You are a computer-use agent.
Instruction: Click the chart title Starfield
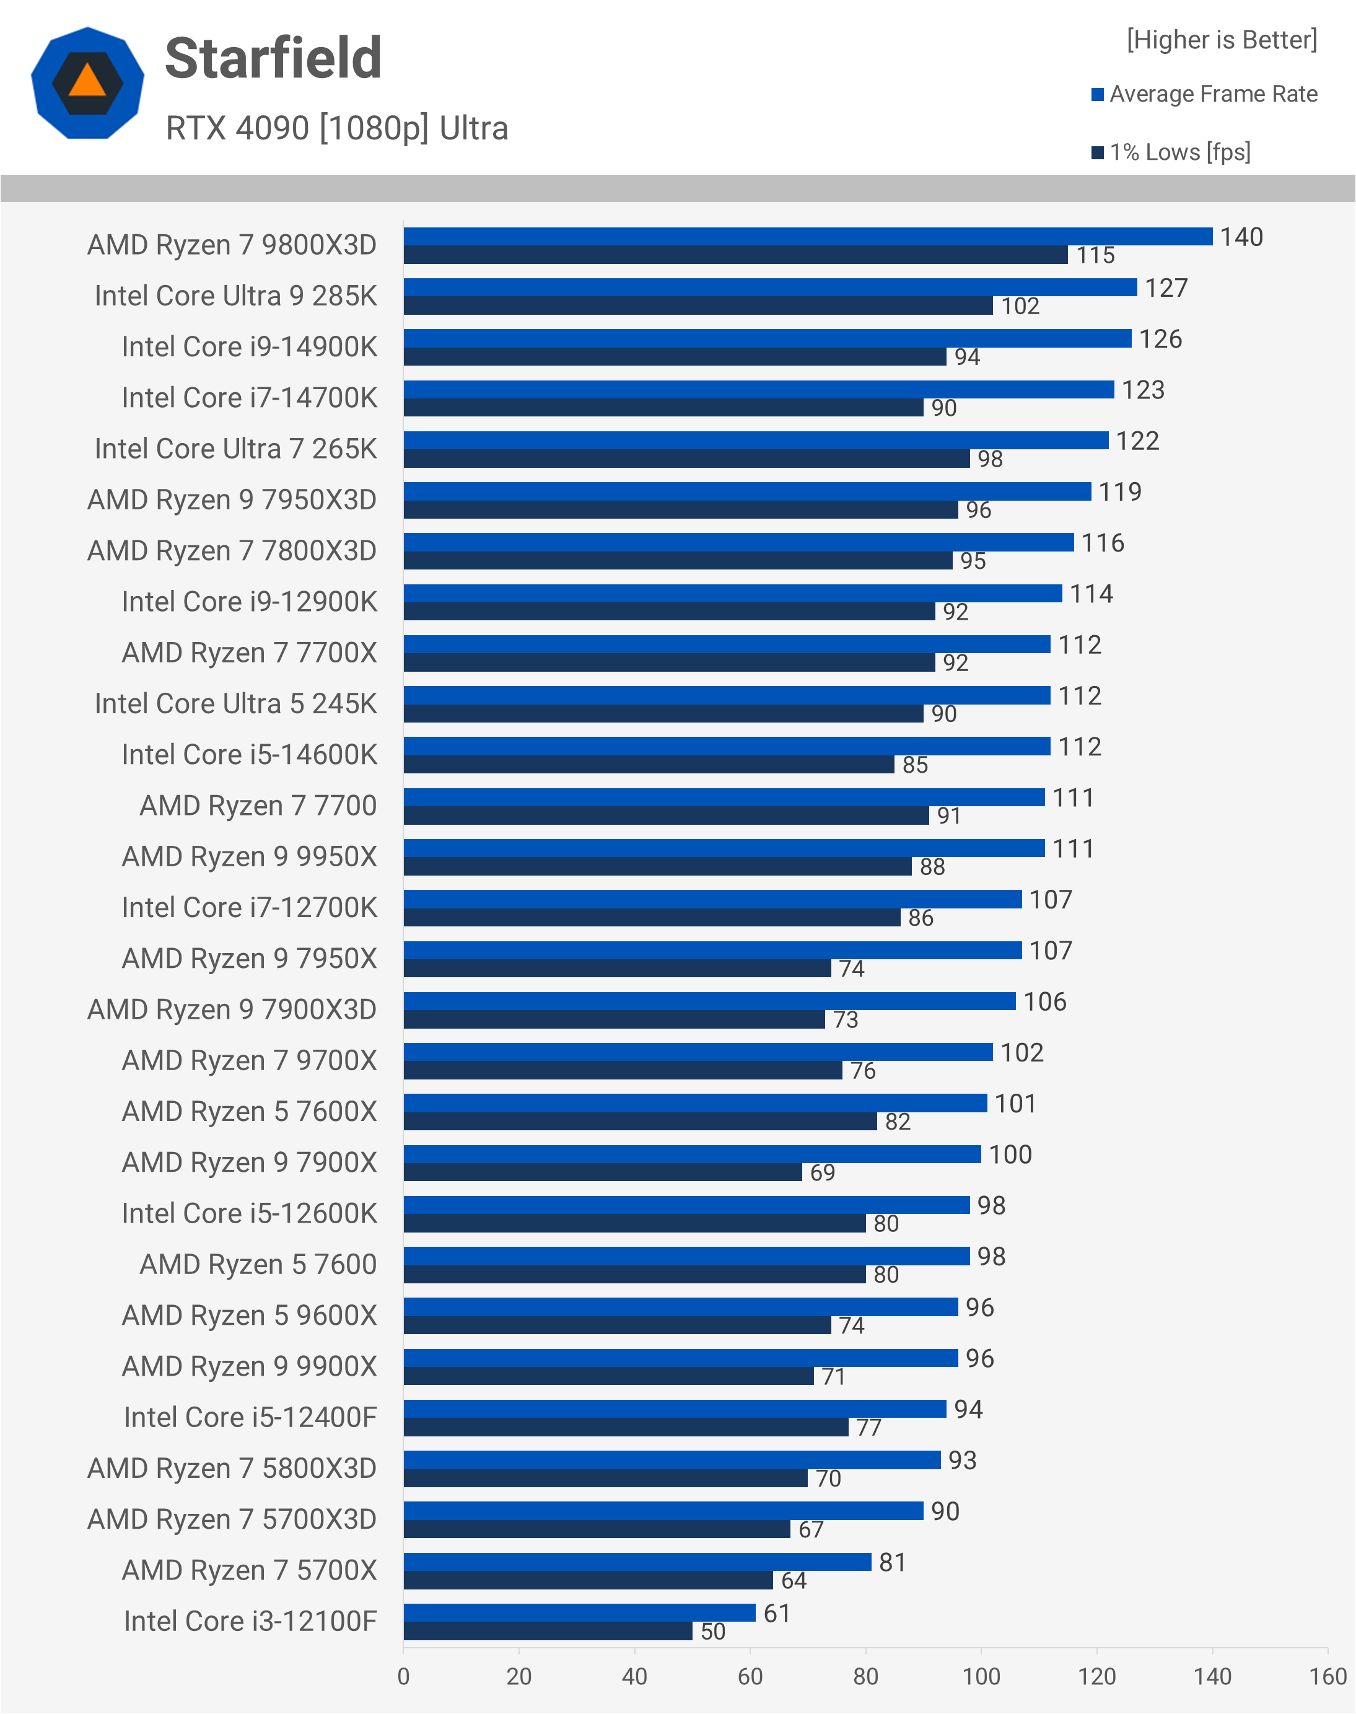coord(273,59)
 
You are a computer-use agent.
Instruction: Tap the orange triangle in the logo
coord(87,82)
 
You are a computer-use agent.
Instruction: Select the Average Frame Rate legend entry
coord(1204,94)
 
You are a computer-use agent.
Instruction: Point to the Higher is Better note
coord(1221,40)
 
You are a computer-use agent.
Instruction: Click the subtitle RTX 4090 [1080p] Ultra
coord(336,128)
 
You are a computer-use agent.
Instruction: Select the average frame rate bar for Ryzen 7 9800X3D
coord(807,237)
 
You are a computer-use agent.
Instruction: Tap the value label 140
coord(1241,237)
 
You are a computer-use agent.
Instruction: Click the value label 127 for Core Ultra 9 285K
coord(1165,288)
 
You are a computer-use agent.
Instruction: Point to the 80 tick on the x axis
coord(865,1677)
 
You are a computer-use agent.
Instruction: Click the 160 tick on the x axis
coord(1328,1677)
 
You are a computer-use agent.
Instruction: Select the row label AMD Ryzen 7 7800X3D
coord(232,550)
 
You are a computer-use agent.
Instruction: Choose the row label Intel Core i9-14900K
coord(249,347)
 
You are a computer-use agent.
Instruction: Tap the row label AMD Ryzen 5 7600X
coord(249,1111)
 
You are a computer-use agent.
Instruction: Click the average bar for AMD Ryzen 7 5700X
coord(637,1562)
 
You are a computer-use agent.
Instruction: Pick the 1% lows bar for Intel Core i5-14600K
coord(649,764)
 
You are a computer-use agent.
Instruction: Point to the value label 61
coord(776,1613)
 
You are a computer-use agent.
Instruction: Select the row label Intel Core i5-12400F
coord(250,1417)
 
